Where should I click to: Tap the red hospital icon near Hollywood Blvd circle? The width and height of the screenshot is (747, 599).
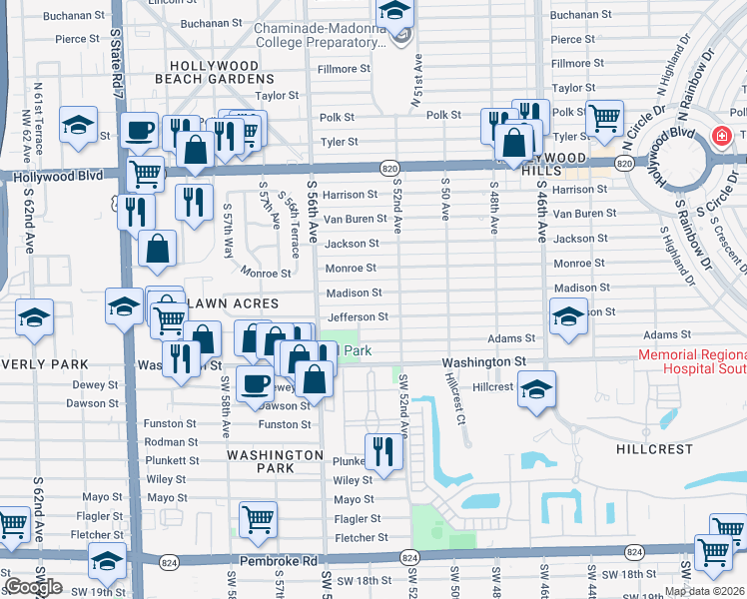(720, 137)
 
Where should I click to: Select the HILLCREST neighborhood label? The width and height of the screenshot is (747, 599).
(655, 449)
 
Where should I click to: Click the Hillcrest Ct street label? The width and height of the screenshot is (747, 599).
(455, 401)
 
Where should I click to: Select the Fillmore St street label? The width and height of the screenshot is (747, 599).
(344, 70)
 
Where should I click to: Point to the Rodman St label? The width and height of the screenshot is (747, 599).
(171, 442)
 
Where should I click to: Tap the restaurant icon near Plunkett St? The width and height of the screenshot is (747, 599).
(381, 451)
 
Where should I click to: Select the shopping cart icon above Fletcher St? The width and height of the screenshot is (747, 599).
(258, 519)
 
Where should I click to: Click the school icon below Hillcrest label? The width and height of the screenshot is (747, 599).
(536, 391)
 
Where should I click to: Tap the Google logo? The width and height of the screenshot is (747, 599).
(33, 588)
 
